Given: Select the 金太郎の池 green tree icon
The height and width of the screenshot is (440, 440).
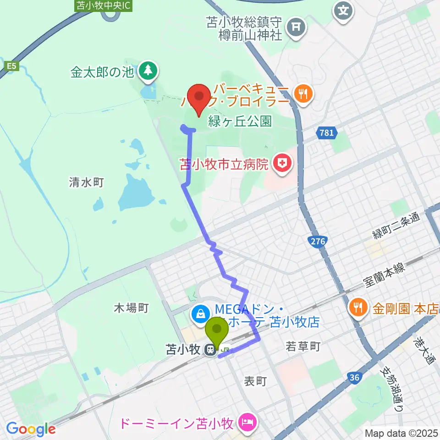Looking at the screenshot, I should [x=148, y=71].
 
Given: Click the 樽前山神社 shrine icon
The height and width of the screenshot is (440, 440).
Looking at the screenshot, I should [x=296, y=27].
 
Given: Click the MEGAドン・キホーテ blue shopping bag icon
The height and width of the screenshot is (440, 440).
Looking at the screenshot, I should [x=201, y=314].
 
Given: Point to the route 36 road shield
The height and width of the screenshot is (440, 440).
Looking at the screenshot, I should [x=353, y=377].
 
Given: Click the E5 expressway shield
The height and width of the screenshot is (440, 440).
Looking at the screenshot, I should [x=11, y=66].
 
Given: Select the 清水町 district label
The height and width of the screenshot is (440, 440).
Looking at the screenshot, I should [x=87, y=182].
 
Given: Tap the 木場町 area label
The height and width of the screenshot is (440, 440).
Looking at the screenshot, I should [x=131, y=308].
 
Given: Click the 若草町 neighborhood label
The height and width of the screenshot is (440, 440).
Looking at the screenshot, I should [x=303, y=346].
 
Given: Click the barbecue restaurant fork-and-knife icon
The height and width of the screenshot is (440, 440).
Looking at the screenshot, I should [x=302, y=94].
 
